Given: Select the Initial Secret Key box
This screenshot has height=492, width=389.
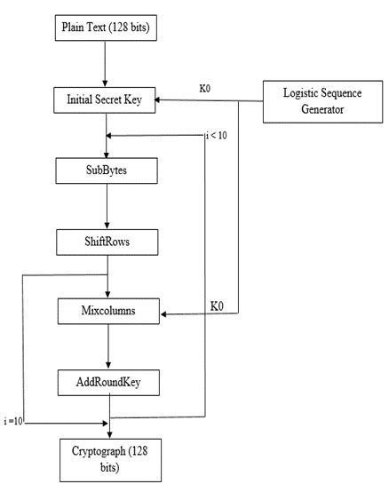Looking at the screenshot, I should click(105, 100).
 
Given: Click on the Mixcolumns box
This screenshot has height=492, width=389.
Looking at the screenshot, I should click(108, 313).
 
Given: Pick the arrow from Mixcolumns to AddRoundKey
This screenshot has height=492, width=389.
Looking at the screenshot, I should click(108, 348).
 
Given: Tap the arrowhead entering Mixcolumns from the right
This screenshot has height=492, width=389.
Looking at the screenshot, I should click(167, 313).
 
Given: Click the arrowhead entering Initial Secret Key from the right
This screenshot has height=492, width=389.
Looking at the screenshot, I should click(163, 100).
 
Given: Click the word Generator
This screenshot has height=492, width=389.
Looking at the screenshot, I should click(317, 113).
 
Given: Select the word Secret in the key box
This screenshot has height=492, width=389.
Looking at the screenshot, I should click(107, 100).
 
